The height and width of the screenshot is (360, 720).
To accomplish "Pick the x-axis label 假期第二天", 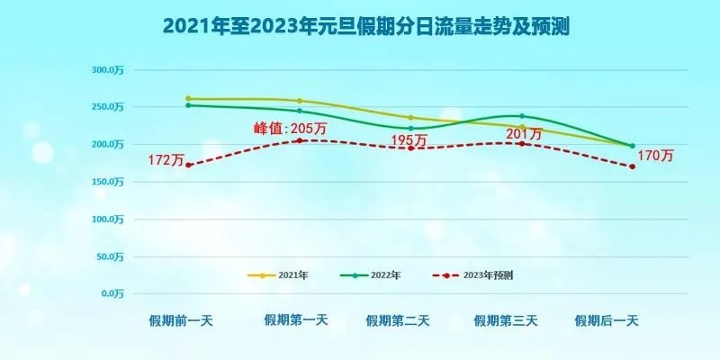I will (398, 319).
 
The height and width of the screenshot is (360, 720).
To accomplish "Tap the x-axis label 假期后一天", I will (607, 319).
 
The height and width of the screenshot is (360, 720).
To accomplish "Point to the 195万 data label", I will (409, 140).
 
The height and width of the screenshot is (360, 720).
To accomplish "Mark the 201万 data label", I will (524, 133).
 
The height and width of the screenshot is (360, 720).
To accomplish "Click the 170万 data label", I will (655, 156).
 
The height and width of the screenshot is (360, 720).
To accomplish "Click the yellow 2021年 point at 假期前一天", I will (188, 98).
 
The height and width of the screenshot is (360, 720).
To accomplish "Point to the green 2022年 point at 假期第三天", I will (521, 116).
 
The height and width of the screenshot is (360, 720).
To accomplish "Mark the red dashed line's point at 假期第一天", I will (299, 140).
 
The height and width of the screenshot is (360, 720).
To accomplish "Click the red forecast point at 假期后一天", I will (633, 166).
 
